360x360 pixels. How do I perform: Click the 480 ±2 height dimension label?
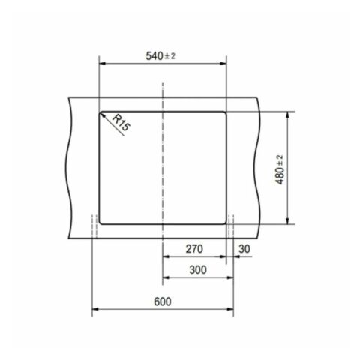[x=279, y=169]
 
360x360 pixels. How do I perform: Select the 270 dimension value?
[x=194, y=248]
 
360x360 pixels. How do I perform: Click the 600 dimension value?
[x=161, y=301]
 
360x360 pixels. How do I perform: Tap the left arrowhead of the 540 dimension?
[x=101, y=64]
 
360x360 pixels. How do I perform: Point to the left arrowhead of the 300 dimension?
[x=165, y=276]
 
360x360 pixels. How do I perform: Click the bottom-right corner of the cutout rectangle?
[x=224, y=223]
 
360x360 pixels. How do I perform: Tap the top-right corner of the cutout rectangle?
[x=224, y=112]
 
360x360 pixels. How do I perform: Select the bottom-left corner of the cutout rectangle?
[x=100, y=223]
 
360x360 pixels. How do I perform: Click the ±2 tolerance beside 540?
[x=173, y=56]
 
